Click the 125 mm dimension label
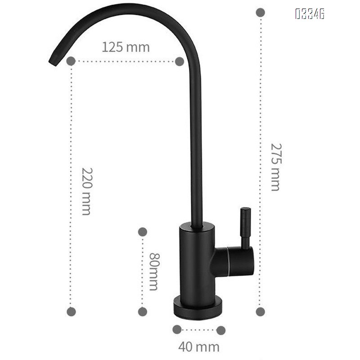[126, 47]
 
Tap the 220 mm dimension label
[86, 191]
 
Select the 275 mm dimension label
[275, 167]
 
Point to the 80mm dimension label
[153, 271]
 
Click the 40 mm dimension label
[199, 347]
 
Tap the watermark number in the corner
[310, 14]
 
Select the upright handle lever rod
[245, 227]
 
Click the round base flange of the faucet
[198, 310]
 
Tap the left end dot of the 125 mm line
[71, 61]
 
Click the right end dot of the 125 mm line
[179, 61]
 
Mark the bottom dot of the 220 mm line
[71, 311]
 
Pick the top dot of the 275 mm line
[260, 12]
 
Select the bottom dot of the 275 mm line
[260, 311]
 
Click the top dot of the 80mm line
[142, 232]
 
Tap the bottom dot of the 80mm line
[142, 311]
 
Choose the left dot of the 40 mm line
[177, 330]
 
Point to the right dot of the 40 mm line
[220, 330]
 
